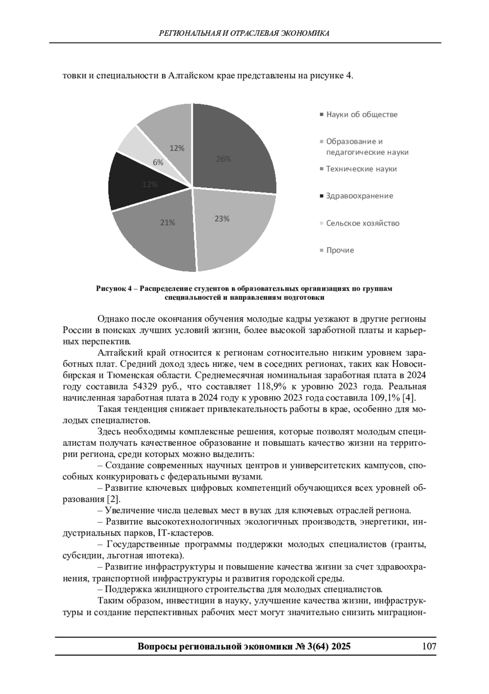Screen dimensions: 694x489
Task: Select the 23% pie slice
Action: pyautogui.click(x=232, y=228)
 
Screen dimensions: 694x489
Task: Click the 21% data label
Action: pyautogui.click(x=167, y=223)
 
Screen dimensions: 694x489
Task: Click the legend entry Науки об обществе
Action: pyautogui.click(x=361, y=114)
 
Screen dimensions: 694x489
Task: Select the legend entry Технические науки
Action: pyautogui.click(x=361, y=169)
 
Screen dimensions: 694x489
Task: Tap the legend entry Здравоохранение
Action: pyautogui.click(x=359, y=196)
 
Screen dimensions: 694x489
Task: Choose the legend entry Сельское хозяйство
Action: pyautogui.click(x=363, y=223)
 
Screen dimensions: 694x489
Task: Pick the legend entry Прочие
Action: pyautogui.click(x=340, y=250)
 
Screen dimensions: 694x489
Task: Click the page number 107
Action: pyautogui.click(x=429, y=646)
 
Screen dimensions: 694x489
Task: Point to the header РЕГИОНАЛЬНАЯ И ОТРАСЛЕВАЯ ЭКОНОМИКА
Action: pyautogui.click(x=244, y=33)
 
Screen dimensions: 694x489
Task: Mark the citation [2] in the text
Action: pyautogui.click(x=113, y=499)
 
